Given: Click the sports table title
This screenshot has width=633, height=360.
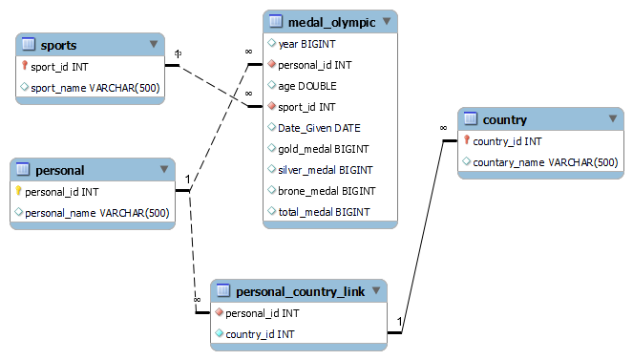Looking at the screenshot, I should [x=59, y=45].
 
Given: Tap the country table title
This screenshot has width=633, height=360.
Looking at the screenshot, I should [x=506, y=119].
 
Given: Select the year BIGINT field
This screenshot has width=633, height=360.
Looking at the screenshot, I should [x=306, y=44].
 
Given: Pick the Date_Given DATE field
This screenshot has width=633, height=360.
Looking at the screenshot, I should [x=319, y=128].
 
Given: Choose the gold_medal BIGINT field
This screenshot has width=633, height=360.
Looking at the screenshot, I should [x=323, y=149].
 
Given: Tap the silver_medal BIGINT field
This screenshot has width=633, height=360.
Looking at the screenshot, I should [x=324, y=170].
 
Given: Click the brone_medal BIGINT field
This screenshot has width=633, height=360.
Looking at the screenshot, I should [x=325, y=191].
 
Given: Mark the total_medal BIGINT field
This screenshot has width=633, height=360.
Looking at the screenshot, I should [x=324, y=212].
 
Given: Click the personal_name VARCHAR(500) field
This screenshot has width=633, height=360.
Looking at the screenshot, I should [x=96, y=213].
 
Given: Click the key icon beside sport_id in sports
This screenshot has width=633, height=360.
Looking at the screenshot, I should [x=25, y=67].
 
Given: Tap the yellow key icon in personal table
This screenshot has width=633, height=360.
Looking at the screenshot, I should [x=18, y=192].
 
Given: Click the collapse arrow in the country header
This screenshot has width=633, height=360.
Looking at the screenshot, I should [x=613, y=118].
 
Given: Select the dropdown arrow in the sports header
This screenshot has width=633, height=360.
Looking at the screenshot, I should [x=154, y=44].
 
